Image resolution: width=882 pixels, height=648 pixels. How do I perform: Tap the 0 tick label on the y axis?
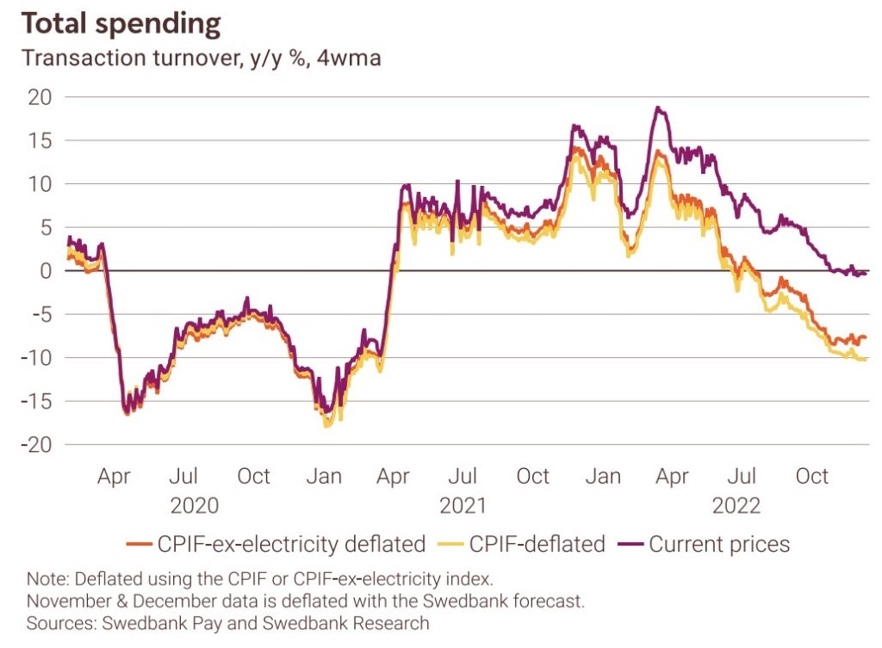click(x=45, y=270)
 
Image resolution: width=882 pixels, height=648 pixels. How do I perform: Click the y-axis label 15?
click(x=40, y=140)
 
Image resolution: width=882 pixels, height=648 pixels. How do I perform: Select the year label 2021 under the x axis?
click(x=464, y=505)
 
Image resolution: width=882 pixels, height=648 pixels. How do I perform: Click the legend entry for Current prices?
click(x=719, y=544)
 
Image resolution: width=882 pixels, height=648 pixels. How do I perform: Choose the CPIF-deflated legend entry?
click(x=537, y=544)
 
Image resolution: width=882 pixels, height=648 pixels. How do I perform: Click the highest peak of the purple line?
click(x=658, y=108)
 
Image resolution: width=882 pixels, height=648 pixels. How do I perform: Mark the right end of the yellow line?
click(x=866, y=360)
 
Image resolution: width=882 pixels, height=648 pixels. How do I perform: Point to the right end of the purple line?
click(x=866, y=272)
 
